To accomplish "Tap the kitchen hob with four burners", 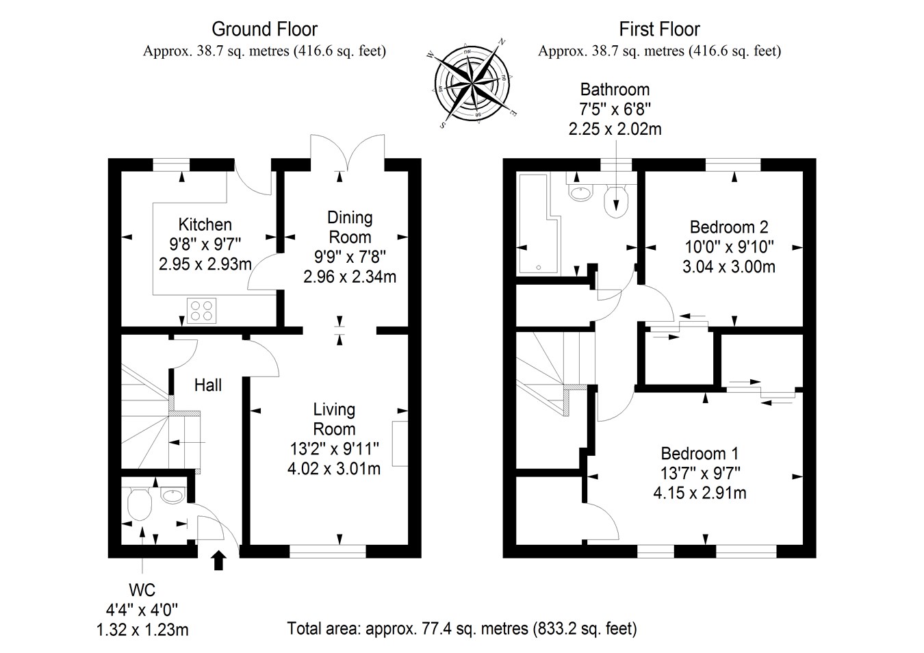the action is (201, 311).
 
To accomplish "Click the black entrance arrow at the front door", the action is (218, 560).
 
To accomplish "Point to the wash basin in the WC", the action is (172, 495).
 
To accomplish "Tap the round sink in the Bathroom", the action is (580, 193).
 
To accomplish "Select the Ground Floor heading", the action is (264, 29).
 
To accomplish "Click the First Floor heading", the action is (659, 29).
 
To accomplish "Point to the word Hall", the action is (208, 385).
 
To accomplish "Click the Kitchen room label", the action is (205, 225).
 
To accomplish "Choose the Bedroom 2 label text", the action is (729, 227).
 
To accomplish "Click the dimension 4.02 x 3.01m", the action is (334, 469).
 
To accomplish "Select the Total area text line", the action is (462, 628).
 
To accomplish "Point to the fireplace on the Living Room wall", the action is (400, 444).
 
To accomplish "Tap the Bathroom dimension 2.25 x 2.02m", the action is (615, 129).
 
